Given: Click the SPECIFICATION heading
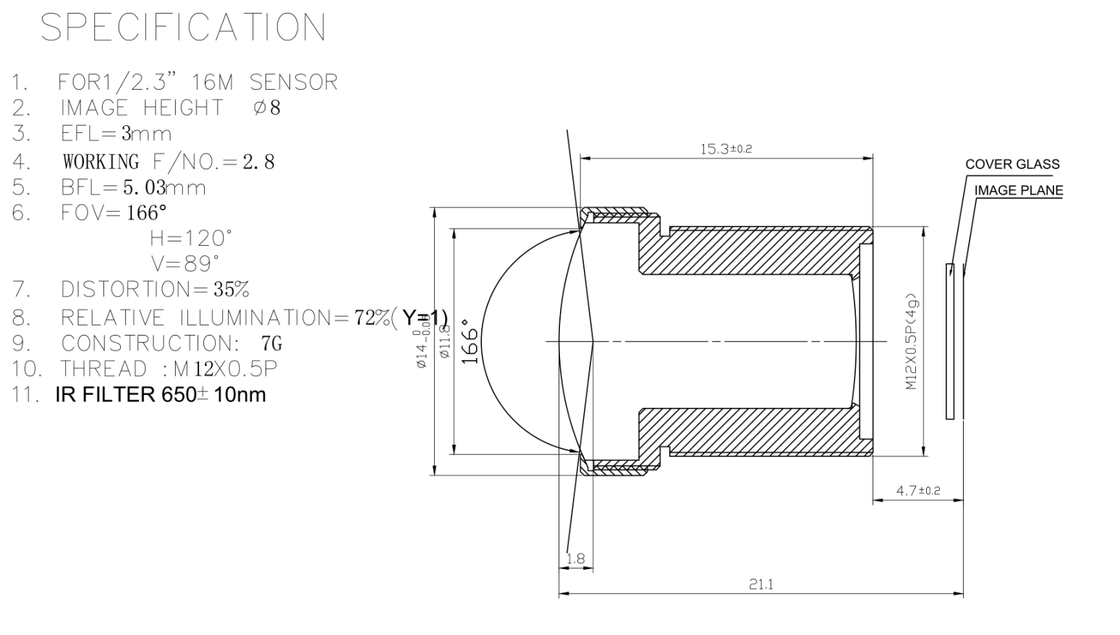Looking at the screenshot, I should pos(183,28).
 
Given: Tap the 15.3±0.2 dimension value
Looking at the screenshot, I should pos(726,149).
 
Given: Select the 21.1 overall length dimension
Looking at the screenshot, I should pos(760,584).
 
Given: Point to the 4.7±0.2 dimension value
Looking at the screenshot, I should pos(918,490).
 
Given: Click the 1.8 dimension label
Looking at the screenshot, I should pos(576,558).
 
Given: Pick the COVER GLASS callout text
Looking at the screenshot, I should pos(1012,164).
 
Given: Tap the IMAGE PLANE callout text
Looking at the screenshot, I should pos(1019,191).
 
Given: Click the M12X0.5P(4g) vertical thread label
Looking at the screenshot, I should pos(912,341).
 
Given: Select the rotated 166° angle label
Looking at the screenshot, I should pos(470,341).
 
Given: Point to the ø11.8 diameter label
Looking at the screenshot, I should pos(445,341).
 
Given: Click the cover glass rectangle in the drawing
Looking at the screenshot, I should pos(950,341).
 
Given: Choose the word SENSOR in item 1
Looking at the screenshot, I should pos(294,82).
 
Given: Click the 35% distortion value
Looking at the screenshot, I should pos(231,290).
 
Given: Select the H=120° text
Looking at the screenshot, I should pos(191,238).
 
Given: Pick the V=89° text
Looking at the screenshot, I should pos(184,263).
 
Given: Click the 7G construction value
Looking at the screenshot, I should pos(271,343).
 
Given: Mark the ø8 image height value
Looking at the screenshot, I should pos(267,108).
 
